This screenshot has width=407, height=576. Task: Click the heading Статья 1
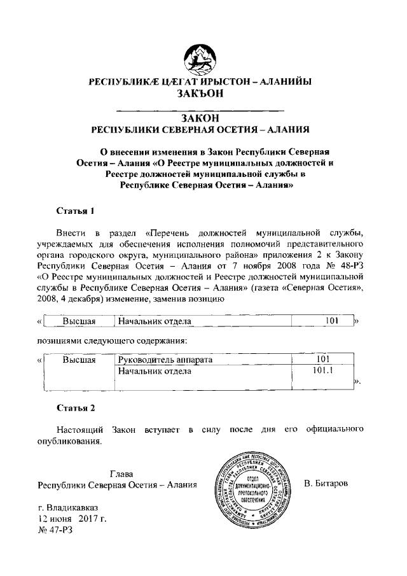pos(76,209)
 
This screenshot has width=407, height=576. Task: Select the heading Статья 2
pos(76,406)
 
